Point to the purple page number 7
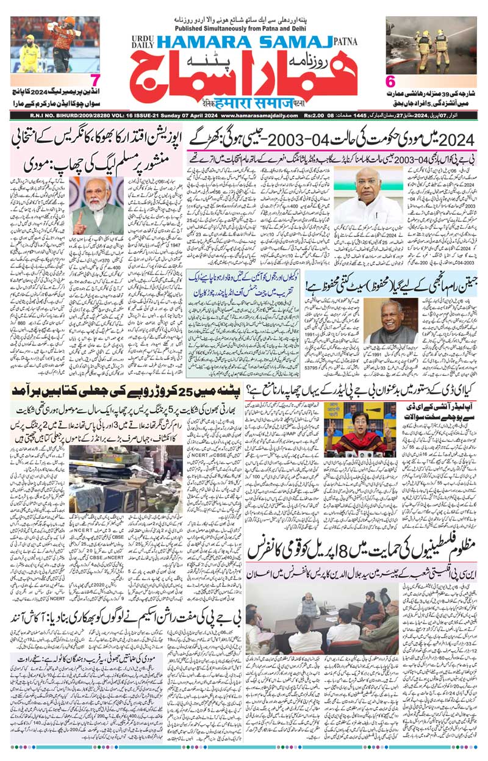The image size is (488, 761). (95, 81)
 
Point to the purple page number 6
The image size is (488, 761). (391, 81)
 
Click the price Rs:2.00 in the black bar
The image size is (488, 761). (313, 115)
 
